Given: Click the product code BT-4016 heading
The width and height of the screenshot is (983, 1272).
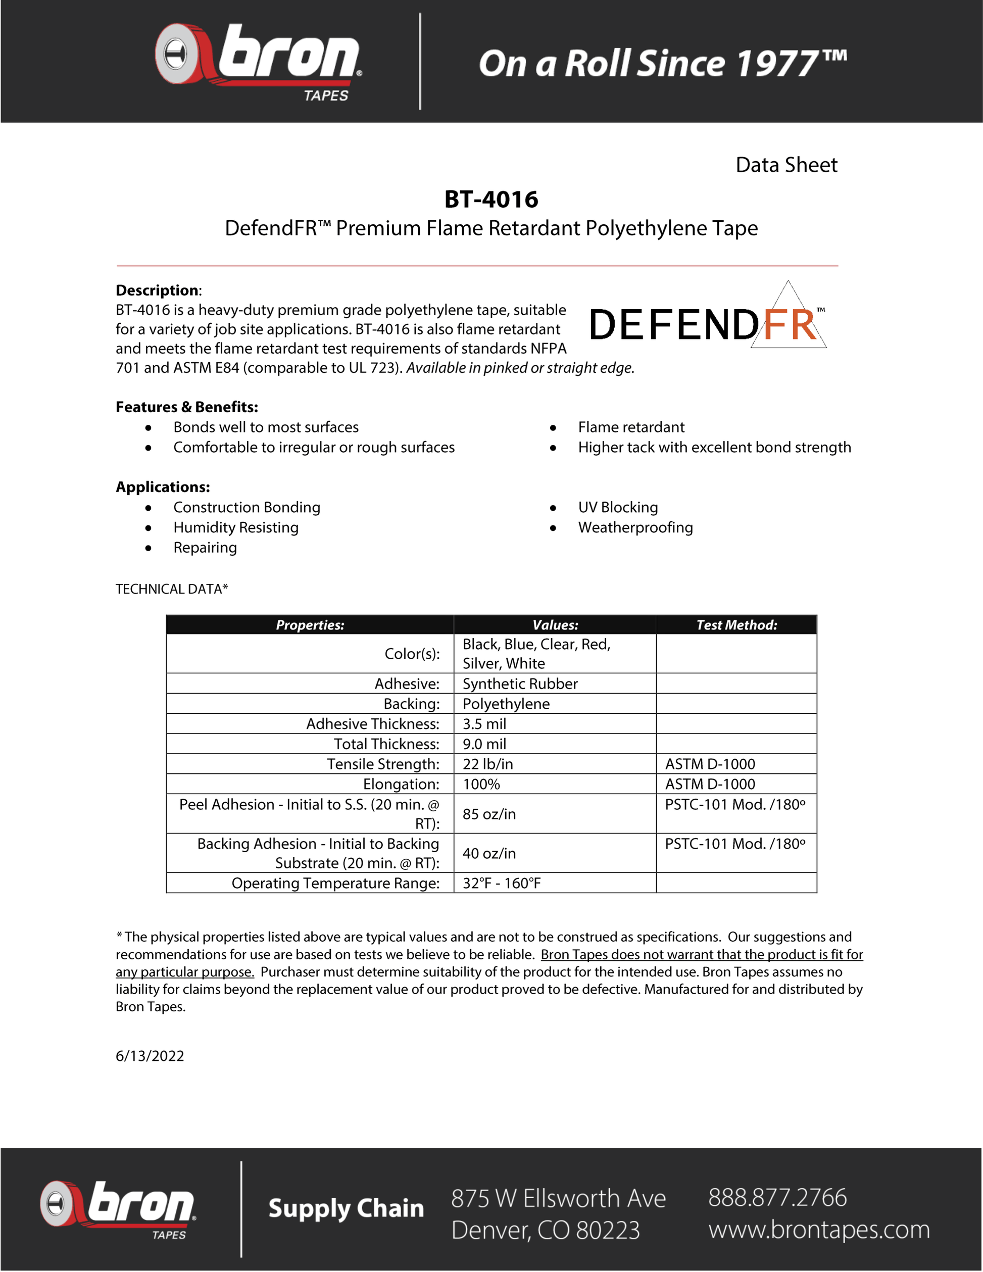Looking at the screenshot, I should pos(491,199).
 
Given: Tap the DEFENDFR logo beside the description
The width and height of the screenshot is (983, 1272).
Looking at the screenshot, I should pos(708,323).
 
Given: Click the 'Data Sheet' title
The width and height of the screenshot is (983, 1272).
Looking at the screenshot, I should pos(786,165).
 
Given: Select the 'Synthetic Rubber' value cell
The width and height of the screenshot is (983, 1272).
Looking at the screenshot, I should pos(520,684).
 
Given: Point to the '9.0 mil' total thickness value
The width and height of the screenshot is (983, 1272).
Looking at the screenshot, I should pos(484,744).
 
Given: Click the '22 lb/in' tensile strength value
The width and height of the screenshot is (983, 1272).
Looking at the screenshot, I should pos(488,764).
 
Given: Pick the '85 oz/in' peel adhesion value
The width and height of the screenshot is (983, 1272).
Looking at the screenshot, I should pos(489,814).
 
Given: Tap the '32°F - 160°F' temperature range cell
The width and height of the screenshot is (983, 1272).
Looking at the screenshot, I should pos(502,883).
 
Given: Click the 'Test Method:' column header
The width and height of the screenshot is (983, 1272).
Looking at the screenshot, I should pos(736,625).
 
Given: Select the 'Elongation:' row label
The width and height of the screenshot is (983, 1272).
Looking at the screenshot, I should pos(401,784).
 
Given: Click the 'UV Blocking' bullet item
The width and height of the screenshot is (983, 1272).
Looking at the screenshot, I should pos(618,507).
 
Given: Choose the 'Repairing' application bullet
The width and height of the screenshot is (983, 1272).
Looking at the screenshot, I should pos(205,548).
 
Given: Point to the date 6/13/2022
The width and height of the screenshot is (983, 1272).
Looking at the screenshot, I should pos(150,1056).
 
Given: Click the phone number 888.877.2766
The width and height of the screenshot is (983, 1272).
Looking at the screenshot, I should pos(777,1197).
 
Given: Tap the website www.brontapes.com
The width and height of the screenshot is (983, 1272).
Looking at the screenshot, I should pos(819,1230).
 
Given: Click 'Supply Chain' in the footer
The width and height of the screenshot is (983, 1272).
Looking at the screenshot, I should pos(346,1208).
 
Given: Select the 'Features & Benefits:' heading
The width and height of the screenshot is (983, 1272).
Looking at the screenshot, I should pos(187,407).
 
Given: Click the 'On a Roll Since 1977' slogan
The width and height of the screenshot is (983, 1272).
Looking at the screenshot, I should pos(662,63).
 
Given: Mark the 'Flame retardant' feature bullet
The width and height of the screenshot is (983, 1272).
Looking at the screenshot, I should pos(631,427).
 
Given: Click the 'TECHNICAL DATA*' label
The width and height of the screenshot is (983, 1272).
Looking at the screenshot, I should pos(172,589).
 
